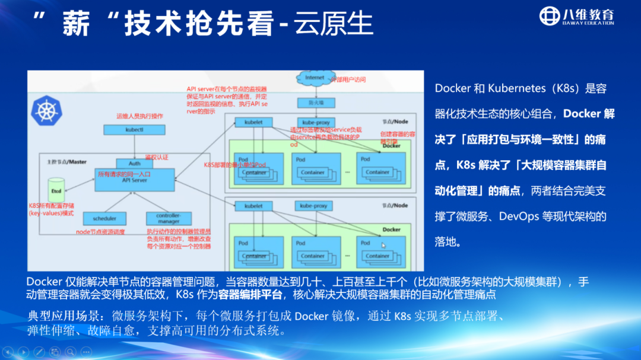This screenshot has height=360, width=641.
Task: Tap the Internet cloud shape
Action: [x=314, y=78]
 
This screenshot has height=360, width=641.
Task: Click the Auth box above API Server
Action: [x=134, y=163]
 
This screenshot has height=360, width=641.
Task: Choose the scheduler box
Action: [x=104, y=218]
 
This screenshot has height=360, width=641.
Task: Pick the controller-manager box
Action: [x=170, y=218]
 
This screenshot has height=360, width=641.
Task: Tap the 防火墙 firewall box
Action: [x=314, y=101]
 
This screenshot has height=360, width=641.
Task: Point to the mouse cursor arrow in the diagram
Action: [x=383, y=245]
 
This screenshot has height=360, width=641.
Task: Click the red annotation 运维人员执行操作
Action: [x=140, y=116]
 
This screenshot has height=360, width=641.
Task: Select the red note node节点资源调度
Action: [x=100, y=232]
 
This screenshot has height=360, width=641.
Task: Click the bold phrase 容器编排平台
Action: [x=246, y=295]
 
